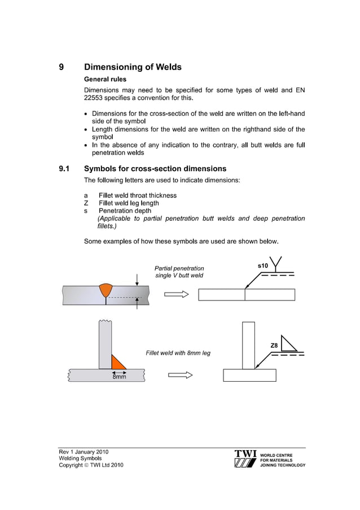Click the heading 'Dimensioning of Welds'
point(133,67)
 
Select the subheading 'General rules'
point(105,79)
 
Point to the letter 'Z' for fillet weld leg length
point(86,203)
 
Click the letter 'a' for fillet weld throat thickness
point(86,195)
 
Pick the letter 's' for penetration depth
point(86,211)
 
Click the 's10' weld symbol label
point(263,265)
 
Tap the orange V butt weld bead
point(106,290)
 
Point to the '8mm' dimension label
point(118,377)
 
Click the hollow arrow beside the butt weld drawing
point(175,294)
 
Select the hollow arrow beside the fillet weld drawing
point(181,375)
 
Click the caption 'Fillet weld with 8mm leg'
point(178,353)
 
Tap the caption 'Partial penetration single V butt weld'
point(179,272)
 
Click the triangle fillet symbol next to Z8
point(288,343)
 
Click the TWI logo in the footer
point(245,459)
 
